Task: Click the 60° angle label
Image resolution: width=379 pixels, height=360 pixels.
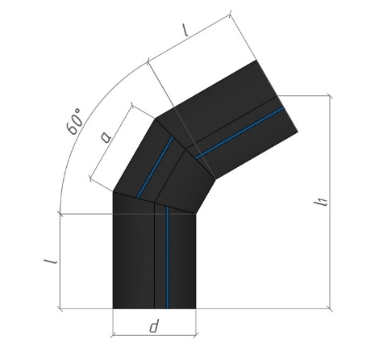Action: (x=74, y=122)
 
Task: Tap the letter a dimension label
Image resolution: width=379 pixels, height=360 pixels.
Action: (x=106, y=136)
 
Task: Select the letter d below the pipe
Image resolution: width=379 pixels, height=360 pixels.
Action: (x=154, y=326)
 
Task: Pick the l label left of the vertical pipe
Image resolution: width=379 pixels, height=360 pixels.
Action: (x=50, y=262)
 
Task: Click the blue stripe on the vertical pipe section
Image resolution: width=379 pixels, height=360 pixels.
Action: (x=168, y=257)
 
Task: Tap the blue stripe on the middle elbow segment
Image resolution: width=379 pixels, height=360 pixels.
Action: (x=155, y=167)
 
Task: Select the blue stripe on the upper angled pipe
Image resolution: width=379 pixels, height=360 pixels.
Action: (x=239, y=132)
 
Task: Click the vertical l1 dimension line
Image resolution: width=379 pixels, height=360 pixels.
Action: (x=331, y=202)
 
